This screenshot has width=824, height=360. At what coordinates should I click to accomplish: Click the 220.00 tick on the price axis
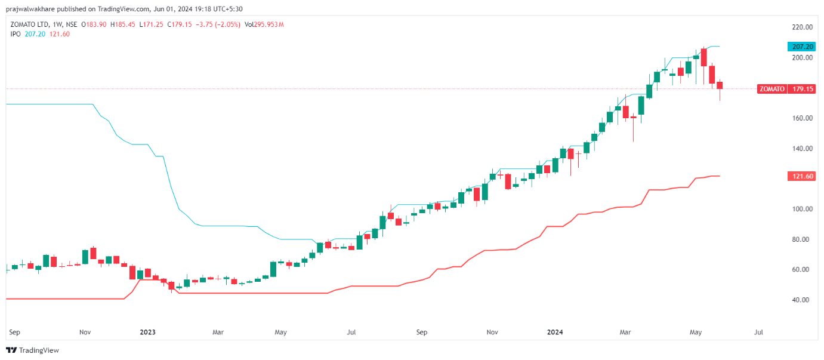pos(802,27)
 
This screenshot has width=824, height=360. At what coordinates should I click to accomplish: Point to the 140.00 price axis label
pos(802,149)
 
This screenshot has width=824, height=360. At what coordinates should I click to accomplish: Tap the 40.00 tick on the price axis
pos(802,300)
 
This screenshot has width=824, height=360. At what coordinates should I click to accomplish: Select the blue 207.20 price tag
pos(800,47)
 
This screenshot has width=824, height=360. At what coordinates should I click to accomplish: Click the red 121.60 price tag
pos(800,176)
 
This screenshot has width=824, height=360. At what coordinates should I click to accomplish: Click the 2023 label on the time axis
pos(147,331)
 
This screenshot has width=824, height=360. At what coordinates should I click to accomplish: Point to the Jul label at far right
pos(759,331)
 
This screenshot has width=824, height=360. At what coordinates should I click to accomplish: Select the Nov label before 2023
pos(85,331)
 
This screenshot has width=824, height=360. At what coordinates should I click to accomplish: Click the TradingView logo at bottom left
pos(33,350)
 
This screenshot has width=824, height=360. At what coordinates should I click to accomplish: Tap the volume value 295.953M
pos(269,24)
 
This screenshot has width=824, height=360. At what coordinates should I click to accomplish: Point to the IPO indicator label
pos(16,34)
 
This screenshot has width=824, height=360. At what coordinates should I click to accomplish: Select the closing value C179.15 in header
pos(180,24)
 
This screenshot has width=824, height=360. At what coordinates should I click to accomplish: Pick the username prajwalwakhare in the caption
pos(29,9)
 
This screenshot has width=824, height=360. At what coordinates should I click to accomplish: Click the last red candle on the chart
pos(720,86)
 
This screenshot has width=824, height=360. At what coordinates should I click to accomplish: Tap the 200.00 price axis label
pos(802,58)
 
